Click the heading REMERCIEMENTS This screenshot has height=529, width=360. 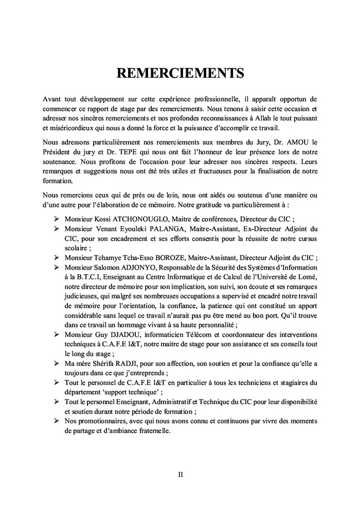pos(180,73)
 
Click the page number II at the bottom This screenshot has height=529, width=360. pos(181,474)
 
